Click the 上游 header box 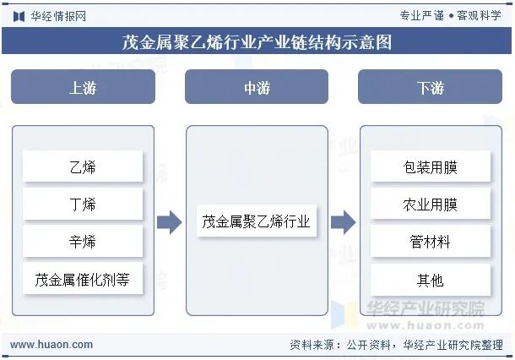pyautogui.click(x=83, y=87)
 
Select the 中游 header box pyautogui.click(x=257, y=87)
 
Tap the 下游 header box pyautogui.click(x=430, y=87)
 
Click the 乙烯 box pyautogui.click(x=83, y=166)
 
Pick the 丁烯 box pyautogui.click(x=83, y=205)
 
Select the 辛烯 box pyautogui.click(x=83, y=242)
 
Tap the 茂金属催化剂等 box pyautogui.click(x=83, y=279)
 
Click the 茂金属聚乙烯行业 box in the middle pyautogui.click(x=257, y=222)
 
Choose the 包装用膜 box pyautogui.click(x=430, y=166)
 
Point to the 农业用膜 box pyautogui.click(x=430, y=205)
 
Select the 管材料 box pyautogui.click(x=430, y=242)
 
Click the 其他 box pyautogui.click(x=430, y=279)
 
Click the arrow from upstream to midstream pyautogui.click(x=170, y=222)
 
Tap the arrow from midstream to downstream pyautogui.click(x=343, y=222)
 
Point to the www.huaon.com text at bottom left pyautogui.click(x=51, y=345)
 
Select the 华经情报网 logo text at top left pyautogui.click(x=57, y=15)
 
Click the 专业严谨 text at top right pyautogui.click(x=421, y=15)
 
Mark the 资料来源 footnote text pyautogui.click(x=396, y=345)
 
